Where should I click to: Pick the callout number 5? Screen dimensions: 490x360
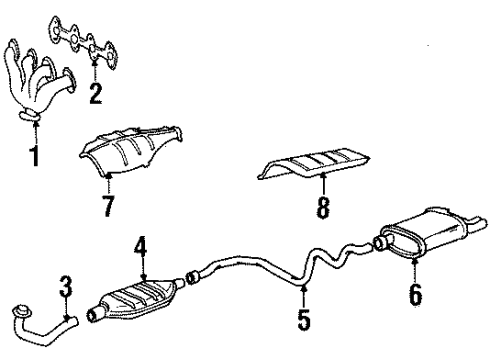point(305,322)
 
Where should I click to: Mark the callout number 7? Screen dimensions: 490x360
point(108,207)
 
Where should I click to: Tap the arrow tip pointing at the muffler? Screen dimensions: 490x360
point(414,262)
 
